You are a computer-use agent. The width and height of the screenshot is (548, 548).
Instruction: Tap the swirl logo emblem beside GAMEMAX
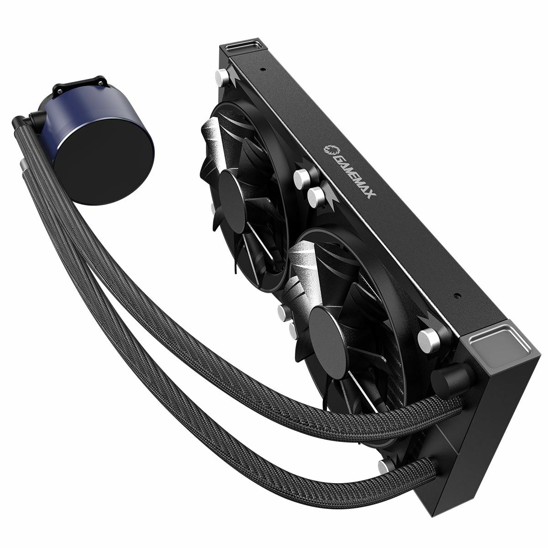[x=330, y=151]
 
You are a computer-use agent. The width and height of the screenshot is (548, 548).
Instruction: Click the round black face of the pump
[x=107, y=162]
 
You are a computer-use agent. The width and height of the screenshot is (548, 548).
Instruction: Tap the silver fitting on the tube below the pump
[x=23, y=164]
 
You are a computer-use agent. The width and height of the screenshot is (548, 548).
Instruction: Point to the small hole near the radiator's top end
[x=264, y=70]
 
